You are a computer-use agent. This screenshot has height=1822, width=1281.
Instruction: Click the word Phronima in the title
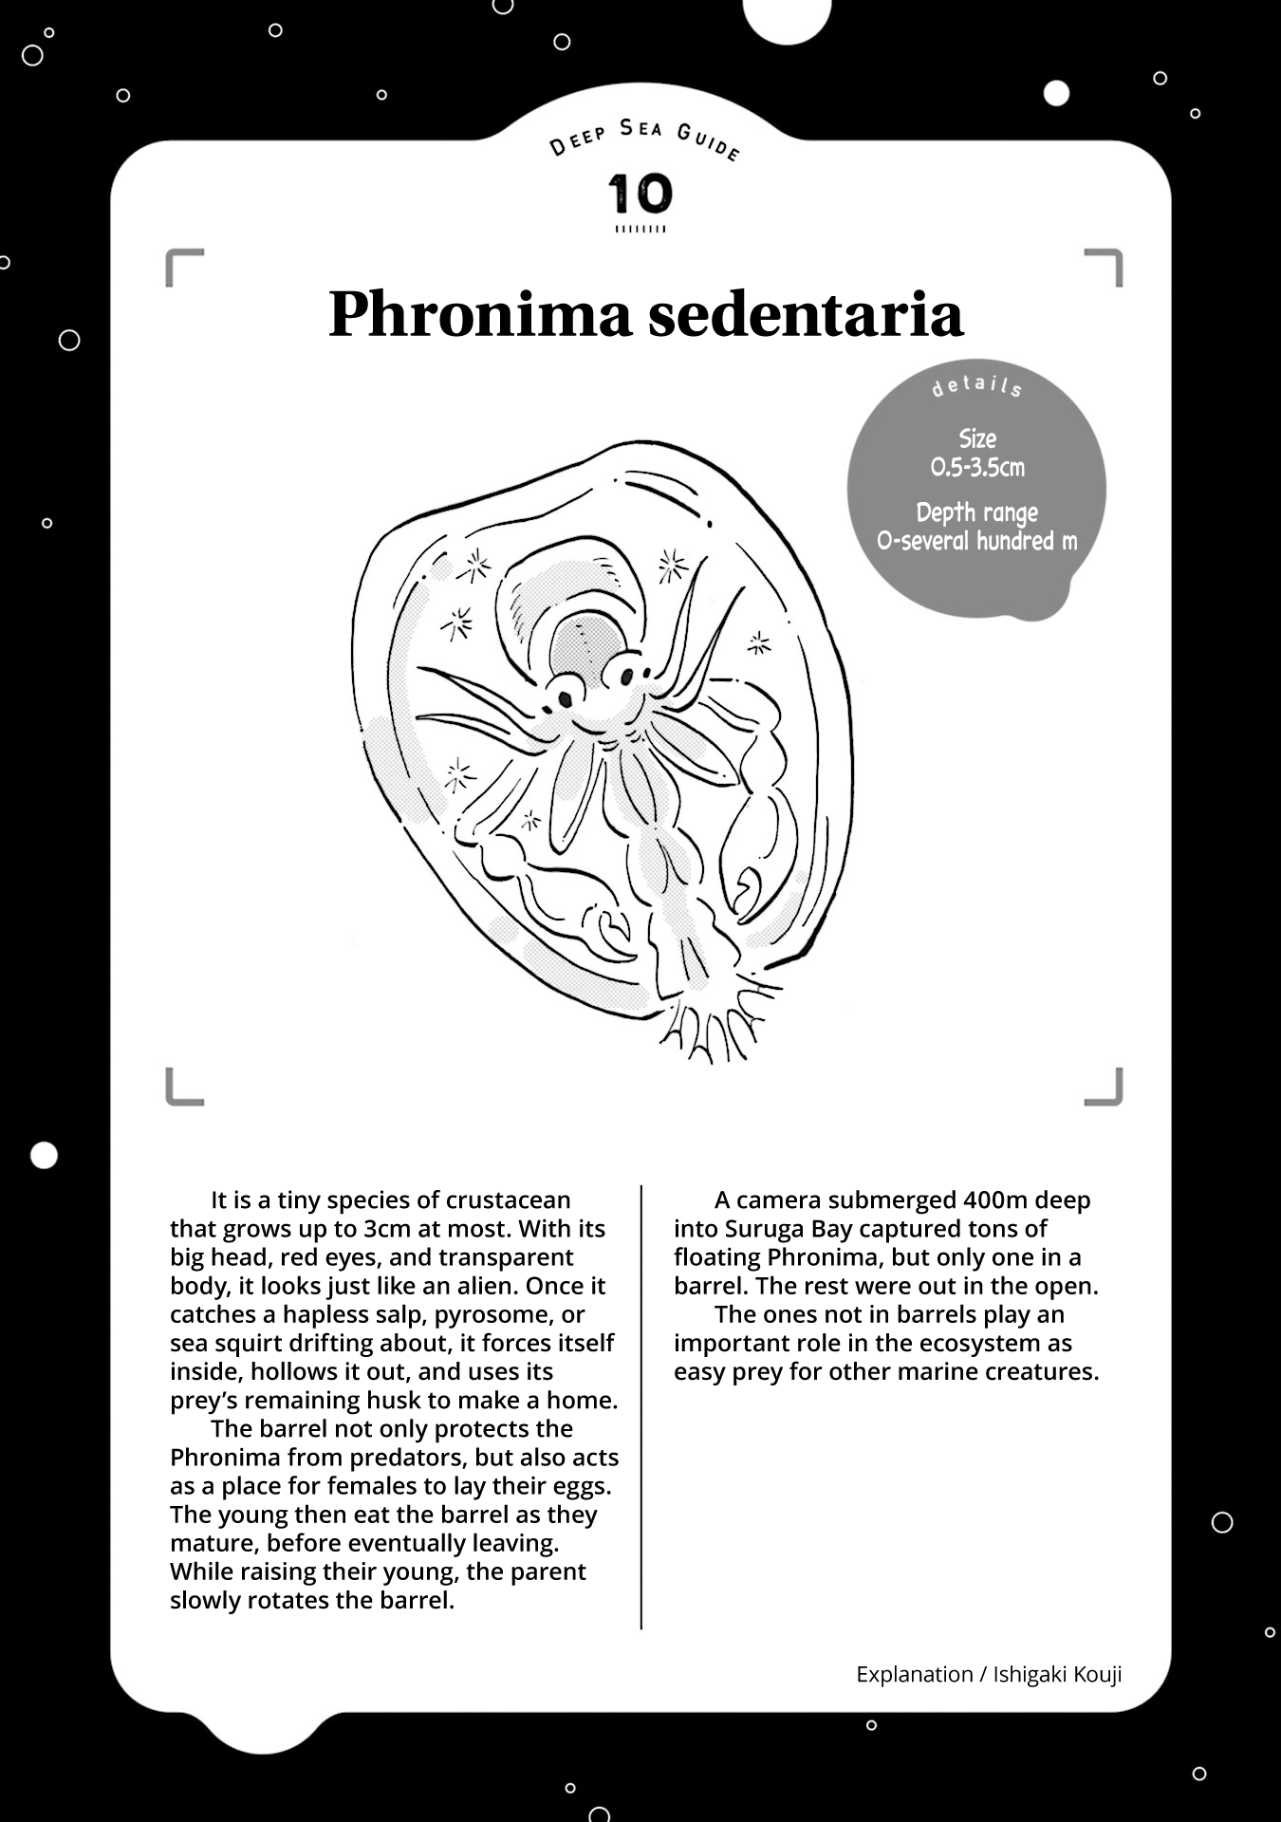(479, 314)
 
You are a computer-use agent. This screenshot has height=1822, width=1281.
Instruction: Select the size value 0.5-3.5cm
(977, 467)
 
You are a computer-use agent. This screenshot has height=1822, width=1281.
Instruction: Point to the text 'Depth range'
(977, 512)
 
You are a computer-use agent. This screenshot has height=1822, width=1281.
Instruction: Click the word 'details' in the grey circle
(977, 385)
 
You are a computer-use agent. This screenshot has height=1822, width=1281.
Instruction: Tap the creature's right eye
(627, 676)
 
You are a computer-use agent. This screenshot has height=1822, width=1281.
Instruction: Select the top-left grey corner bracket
(182, 266)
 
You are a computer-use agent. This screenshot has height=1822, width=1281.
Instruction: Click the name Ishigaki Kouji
(1057, 1674)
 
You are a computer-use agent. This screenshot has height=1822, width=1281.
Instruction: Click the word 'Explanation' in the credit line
(914, 1674)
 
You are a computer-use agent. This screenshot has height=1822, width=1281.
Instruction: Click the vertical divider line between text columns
(641, 1404)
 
